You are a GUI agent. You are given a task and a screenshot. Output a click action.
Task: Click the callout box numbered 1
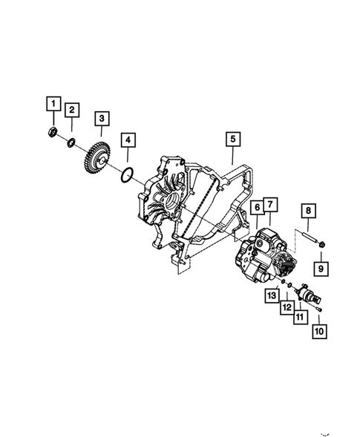click(x=53, y=104)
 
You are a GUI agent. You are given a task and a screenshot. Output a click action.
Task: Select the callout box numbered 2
click(x=72, y=110)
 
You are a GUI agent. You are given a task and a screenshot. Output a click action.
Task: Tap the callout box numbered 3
click(x=102, y=119)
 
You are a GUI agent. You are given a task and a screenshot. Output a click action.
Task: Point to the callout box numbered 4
click(x=128, y=140)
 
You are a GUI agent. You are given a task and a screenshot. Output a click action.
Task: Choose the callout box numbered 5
click(x=233, y=139)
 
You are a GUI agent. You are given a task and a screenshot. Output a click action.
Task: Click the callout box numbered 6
click(x=257, y=207)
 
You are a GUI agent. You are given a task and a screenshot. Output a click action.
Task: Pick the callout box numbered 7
click(x=270, y=205)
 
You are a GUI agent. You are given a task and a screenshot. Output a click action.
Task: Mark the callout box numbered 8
click(x=308, y=211)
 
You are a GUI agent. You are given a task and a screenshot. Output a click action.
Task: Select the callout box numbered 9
click(x=321, y=269)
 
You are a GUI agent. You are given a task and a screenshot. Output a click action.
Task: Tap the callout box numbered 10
click(x=319, y=332)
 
